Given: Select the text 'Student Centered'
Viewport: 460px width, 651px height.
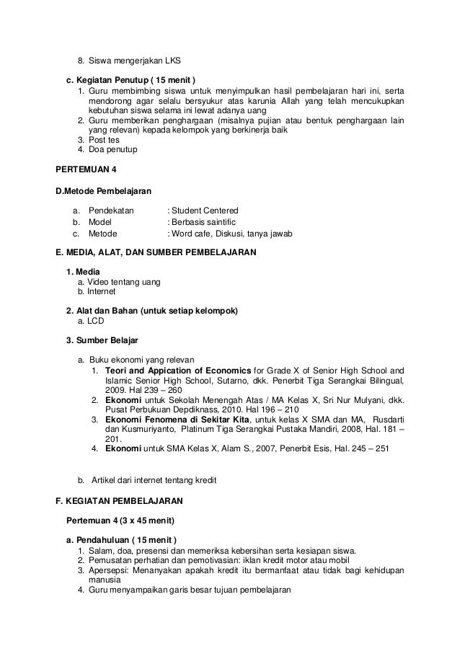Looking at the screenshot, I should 201,210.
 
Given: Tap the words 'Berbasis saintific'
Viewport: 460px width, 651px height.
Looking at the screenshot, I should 203,222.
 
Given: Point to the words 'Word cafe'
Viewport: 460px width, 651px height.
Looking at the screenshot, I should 191,234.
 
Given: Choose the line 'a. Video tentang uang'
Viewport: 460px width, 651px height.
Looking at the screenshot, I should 119,281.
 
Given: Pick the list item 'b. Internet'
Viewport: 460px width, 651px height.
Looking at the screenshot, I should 97,291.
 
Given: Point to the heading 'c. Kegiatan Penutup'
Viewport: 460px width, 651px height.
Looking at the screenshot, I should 130,79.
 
